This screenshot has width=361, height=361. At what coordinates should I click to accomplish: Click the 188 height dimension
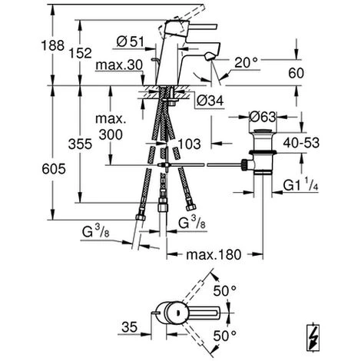tap(53, 45)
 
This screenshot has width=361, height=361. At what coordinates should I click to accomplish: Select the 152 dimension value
tap(80, 53)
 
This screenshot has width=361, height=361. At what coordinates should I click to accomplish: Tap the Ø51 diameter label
tap(131, 41)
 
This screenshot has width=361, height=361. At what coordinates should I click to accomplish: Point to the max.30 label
tap(119, 65)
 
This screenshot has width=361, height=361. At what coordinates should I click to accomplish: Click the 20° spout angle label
tap(246, 62)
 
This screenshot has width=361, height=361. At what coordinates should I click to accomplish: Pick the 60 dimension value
tap(296, 73)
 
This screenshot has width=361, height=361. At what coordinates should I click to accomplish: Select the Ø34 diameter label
tap(210, 101)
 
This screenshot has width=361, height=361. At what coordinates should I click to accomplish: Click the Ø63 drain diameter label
tap(263, 117)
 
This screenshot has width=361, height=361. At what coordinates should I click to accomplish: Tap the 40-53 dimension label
tap(301, 143)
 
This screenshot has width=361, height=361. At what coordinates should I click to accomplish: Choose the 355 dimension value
tap(80, 144)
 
